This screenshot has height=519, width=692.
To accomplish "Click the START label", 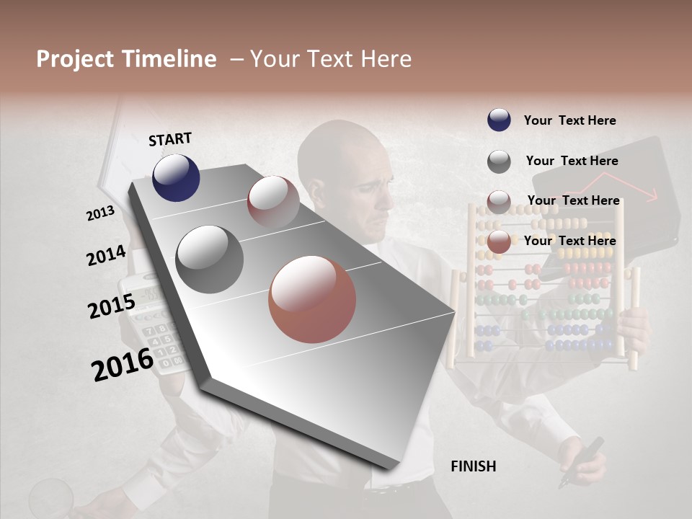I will tap(170, 139).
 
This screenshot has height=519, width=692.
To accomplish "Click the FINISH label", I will tap(473, 466).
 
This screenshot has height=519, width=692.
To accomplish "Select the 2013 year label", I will tap(100, 213).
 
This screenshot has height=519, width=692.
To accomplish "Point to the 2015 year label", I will tap(112, 306).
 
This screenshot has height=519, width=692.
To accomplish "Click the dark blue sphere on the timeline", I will tap(176, 178).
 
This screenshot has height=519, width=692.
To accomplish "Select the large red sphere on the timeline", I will tap(312, 299).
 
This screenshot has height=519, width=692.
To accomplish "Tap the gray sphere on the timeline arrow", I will tap(210, 259).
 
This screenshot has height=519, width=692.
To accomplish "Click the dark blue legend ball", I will tap(499, 120).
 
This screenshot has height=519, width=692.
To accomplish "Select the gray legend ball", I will tap(499, 161).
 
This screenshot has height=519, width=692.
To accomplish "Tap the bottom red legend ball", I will tap(499, 242).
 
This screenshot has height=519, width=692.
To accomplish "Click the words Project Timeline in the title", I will tap(126, 59).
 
